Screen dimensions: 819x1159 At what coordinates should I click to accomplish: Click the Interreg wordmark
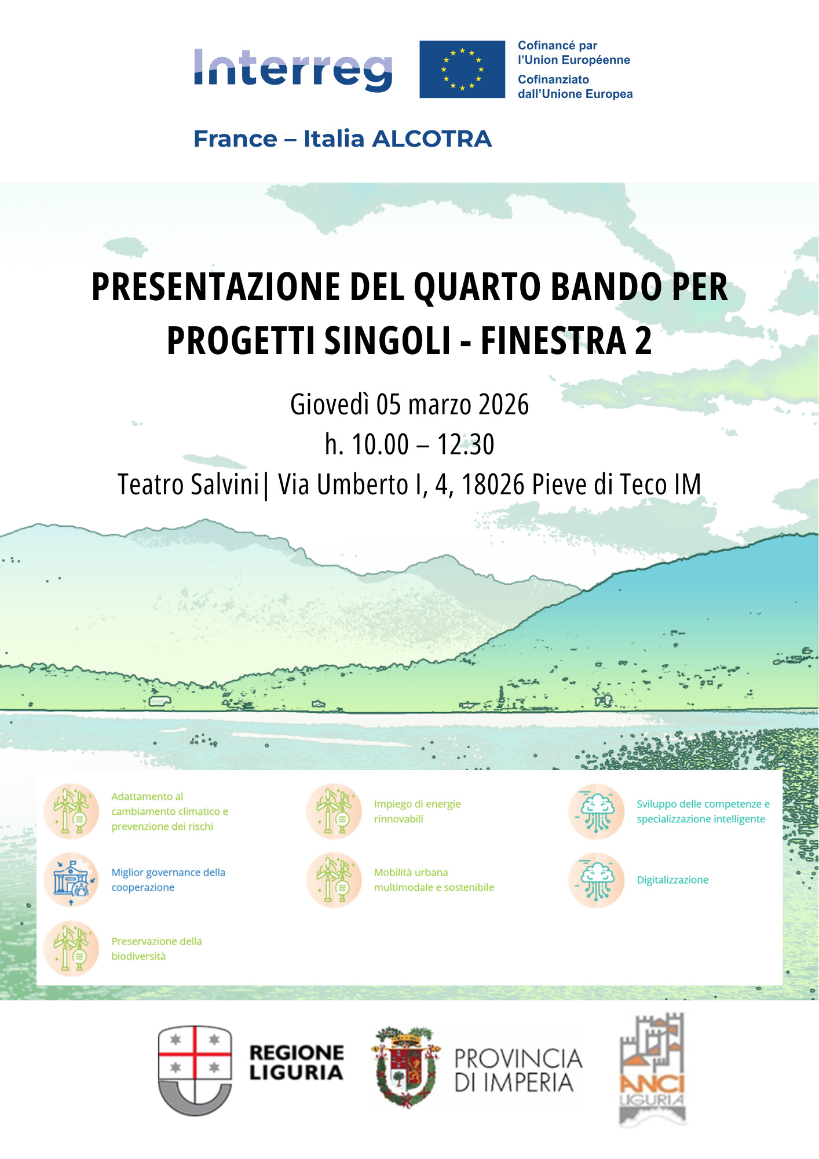[293, 70]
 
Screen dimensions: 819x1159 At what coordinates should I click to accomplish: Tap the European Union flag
[462, 70]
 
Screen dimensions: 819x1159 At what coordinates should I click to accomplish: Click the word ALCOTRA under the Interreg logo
[432, 139]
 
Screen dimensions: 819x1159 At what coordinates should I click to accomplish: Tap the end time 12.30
[466, 444]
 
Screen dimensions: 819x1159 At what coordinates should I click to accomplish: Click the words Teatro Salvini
[188, 484]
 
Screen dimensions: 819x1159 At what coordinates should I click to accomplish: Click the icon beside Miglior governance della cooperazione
[72, 880]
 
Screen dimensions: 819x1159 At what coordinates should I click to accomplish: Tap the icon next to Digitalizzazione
[597, 880]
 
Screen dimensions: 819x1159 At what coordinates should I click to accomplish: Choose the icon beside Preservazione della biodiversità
[72, 949]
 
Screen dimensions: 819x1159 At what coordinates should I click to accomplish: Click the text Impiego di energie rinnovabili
[417, 811]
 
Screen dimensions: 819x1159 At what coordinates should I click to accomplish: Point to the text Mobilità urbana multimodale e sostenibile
[434, 880]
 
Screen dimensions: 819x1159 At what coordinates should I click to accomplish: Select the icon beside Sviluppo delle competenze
[597, 811]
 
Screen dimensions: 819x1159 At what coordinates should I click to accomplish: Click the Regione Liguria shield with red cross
[195, 1070]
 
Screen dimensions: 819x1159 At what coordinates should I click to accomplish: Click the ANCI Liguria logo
[652, 1070]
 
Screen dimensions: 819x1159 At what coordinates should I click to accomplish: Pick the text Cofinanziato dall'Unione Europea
[575, 87]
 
